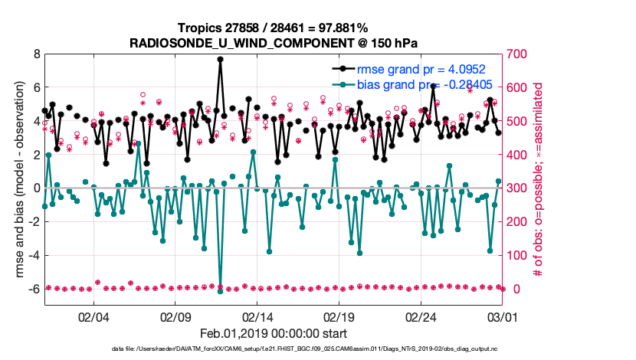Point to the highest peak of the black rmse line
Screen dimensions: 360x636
click(221, 59)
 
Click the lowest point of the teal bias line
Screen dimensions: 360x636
click(221, 290)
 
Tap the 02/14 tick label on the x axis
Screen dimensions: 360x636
click(257, 316)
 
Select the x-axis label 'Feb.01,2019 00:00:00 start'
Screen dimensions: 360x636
click(274, 333)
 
